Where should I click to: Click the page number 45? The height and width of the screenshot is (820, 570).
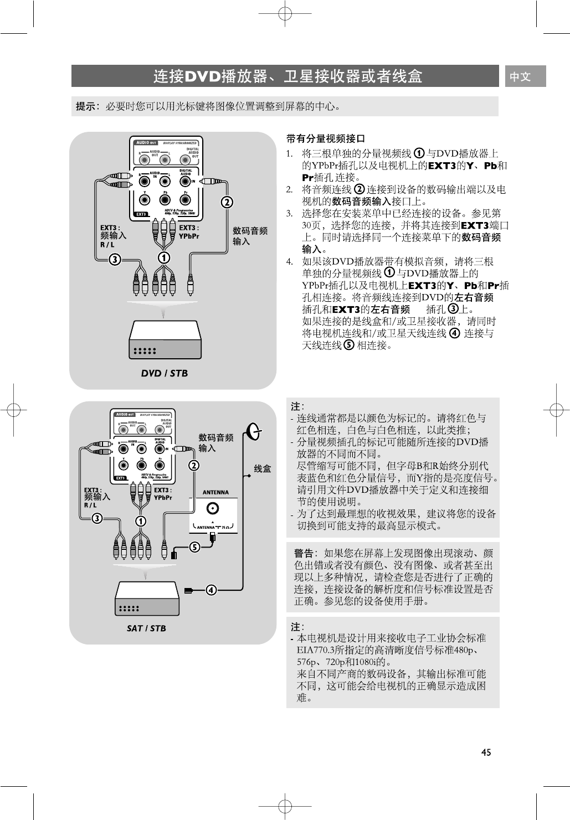click(486, 752)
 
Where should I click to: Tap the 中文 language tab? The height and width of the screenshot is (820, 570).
click(520, 76)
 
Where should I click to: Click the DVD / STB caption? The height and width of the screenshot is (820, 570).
click(164, 373)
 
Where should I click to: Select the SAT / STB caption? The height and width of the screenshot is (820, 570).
click(146, 628)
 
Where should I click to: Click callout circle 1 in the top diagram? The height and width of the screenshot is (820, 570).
click(164, 257)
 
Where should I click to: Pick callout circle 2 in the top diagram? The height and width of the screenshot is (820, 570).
click(226, 202)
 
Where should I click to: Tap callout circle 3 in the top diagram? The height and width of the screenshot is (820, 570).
click(114, 259)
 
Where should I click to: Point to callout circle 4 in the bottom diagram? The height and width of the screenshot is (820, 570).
click(211, 589)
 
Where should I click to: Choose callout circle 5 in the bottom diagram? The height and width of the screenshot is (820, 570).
click(194, 547)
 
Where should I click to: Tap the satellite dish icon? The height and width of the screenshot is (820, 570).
click(253, 432)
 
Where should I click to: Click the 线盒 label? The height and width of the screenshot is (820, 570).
click(263, 469)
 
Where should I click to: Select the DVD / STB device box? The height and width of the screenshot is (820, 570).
click(165, 339)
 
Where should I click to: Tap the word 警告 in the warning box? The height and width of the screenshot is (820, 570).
click(304, 553)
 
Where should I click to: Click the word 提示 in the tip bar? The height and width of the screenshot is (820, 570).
click(86, 106)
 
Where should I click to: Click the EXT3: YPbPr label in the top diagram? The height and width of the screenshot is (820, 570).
click(189, 232)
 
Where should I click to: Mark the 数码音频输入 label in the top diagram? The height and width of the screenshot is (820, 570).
click(250, 236)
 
